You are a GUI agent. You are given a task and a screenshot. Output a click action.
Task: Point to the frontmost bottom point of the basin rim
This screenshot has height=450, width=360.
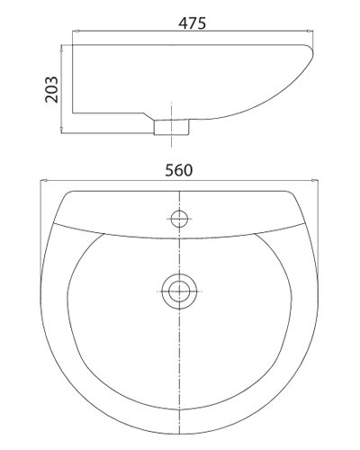point(180,434)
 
